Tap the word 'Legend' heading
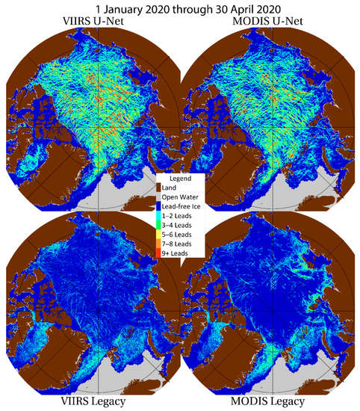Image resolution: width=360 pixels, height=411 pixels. [180, 178]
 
